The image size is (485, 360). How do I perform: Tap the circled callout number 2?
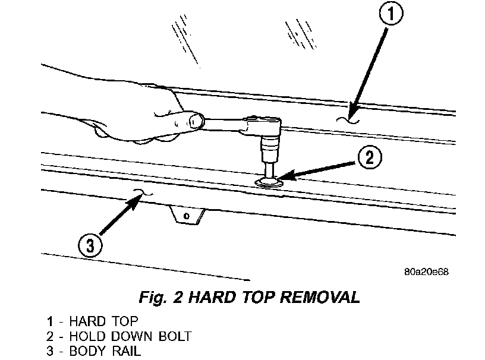tap(369, 158)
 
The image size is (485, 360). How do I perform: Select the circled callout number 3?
tap(89, 245)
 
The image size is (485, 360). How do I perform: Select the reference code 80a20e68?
tap(426, 272)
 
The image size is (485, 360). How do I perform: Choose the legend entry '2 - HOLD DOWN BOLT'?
tap(119, 336)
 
